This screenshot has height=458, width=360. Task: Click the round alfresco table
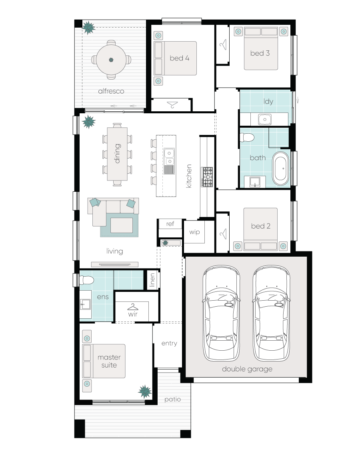point(111,60)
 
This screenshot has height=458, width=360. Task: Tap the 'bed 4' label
point(179,58)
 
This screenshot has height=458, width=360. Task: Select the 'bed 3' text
point(260,53)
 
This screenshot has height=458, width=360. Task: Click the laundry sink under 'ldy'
point(264,119)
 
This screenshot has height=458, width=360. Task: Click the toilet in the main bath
point(247,138)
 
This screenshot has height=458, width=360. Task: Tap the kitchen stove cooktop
point(208,177)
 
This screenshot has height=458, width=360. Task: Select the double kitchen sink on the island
point(169,157)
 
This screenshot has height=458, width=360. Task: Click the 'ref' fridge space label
point(170,224)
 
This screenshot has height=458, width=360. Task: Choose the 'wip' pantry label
point(194,232)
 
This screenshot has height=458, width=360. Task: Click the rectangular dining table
point(117,154)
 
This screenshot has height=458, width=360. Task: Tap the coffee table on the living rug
point(122,225)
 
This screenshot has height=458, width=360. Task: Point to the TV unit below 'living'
point(115,264)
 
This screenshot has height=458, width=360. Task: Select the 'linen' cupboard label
point(152,280)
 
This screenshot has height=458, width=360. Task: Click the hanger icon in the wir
point(132,307)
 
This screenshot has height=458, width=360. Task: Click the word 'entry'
point(169,343)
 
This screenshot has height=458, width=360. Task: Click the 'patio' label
point(172,399)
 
